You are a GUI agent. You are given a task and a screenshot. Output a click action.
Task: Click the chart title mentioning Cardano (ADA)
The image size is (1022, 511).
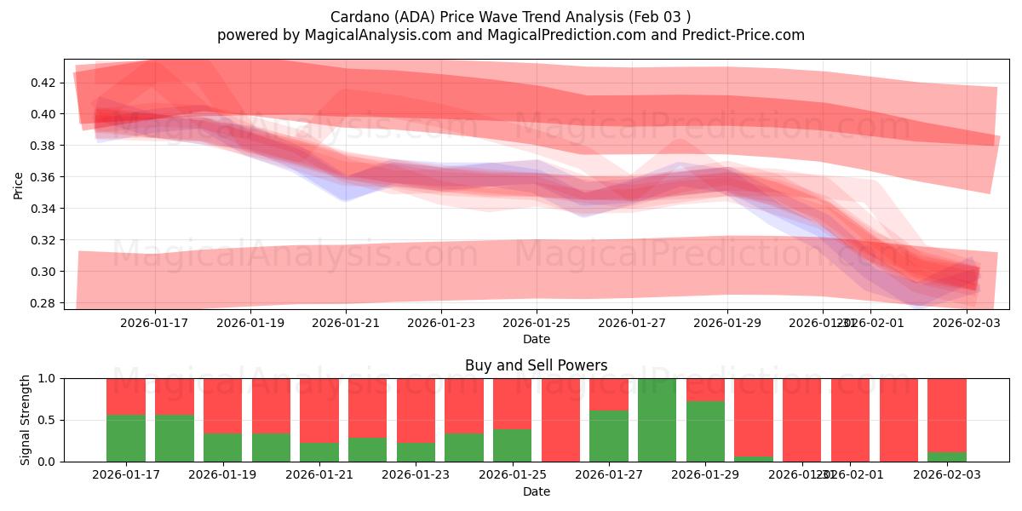(x=511, y=16)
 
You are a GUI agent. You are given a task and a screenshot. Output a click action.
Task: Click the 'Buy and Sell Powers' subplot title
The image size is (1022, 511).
(x=536, y=365)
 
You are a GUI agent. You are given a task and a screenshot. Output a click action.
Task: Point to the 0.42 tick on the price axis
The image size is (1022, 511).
(x=44, y=83)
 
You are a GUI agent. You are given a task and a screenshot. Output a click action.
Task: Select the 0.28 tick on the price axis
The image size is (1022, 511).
(x=44, y=303)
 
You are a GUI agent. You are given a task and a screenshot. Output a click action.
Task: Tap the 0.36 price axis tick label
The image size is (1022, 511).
(x=44, y=177)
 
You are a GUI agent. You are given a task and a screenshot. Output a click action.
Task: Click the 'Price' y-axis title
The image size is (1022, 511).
(x=19, y=184)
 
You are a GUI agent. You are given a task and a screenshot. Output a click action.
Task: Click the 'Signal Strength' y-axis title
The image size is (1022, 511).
(x=26, y=419)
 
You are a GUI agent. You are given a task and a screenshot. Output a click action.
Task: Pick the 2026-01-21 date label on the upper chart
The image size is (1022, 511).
(x=346, y=323)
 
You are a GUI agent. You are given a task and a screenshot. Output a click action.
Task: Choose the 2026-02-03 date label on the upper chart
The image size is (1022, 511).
(x=966, y=323)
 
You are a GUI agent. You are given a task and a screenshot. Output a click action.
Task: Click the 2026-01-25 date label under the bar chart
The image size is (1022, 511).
(x=512, y=474)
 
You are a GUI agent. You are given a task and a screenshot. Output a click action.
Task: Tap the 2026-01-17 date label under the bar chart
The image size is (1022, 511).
(x=126, y=474)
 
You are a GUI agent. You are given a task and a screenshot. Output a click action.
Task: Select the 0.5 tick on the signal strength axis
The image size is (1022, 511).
(x=46, y=420)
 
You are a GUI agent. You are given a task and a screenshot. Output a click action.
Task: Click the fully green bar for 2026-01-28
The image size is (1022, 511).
(x=657, y=420)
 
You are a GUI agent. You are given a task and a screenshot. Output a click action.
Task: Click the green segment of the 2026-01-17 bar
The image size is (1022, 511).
(x=126, y=439)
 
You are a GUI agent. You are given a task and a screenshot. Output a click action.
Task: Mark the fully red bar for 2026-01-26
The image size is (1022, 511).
(x=560, y=420)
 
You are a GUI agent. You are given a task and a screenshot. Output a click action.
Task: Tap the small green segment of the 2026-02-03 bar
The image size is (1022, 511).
(x=947, y=456)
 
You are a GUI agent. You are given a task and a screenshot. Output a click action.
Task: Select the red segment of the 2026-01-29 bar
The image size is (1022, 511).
(x=705, y=389)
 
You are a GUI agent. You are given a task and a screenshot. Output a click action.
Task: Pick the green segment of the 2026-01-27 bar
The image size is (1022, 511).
(x=609, y=436)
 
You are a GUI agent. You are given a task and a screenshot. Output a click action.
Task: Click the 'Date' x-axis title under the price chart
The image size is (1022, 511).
(x=536, y=339)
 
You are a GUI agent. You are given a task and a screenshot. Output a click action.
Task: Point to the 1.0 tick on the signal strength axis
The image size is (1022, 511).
(x=46, y=378)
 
